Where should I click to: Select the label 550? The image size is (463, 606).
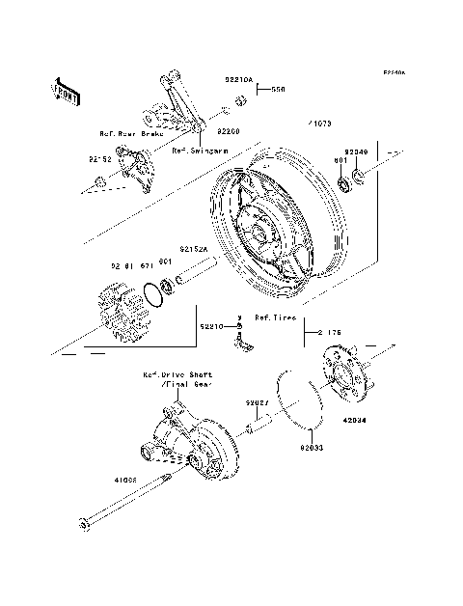tap(279, 88)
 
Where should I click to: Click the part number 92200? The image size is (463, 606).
tap(229, 129)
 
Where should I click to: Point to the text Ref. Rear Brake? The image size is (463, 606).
tap(132, 134)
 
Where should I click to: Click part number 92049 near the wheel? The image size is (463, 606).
tap(357, 151)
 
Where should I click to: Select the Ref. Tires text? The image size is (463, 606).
tap(275, 317)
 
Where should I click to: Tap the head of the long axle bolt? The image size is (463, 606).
tap(84, 524)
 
